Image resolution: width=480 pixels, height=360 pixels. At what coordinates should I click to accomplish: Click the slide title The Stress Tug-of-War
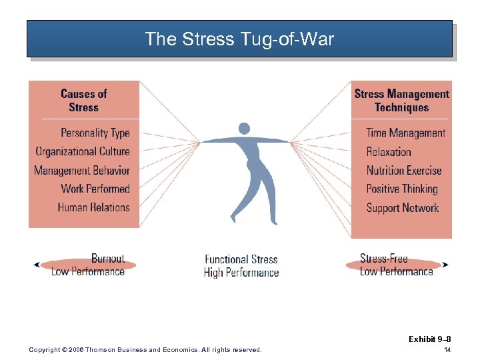[x=239, y=39]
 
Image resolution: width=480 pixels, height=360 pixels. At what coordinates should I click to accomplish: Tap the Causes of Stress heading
[x=83, y=101]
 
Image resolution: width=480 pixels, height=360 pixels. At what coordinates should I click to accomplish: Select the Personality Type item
[x=95, y=133]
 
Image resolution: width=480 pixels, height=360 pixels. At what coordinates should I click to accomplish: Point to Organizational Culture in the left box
[x=83, y=151]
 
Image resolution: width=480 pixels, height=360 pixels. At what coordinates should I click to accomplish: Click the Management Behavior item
[x=82, y=170]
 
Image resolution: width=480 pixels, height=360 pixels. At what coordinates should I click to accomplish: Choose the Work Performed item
[x=95, y=189]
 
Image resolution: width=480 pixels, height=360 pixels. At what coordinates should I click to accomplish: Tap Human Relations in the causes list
[x=94, y=207]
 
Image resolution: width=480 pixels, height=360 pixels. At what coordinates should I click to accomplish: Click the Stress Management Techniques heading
[x=401, y=101]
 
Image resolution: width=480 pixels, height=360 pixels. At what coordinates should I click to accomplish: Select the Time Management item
[x=405, y=133]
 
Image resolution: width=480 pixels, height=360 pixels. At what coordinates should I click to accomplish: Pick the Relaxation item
[x=389, y=151]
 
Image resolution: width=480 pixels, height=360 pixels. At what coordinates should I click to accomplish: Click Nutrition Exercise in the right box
[x=404, y=170]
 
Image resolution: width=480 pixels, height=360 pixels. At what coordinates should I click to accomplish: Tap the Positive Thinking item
[x=402, y=189]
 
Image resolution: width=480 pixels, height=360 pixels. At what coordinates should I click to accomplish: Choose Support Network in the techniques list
[x=403, y=207]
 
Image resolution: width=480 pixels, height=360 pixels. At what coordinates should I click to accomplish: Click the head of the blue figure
[x=244, y=129]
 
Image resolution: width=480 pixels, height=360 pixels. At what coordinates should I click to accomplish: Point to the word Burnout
[x=108, y=259]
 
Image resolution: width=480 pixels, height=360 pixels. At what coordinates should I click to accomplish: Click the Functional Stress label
[x=241, y=259]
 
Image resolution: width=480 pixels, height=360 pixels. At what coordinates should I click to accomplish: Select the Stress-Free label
[x=383, y=259]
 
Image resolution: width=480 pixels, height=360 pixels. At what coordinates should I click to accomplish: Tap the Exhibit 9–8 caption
[x=430, y=339]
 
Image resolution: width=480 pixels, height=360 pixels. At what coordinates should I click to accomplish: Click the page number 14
[x=447, y=350]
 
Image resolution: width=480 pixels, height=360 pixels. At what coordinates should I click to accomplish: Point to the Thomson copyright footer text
[x=146, y=350]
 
